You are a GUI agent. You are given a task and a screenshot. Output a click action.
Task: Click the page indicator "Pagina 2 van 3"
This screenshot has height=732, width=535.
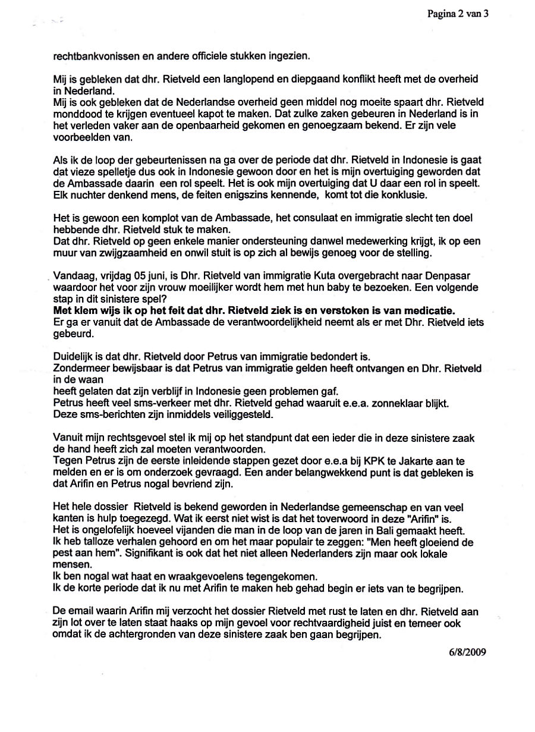(458, 13)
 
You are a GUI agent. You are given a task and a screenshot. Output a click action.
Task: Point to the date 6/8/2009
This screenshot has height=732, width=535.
(468, 651)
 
